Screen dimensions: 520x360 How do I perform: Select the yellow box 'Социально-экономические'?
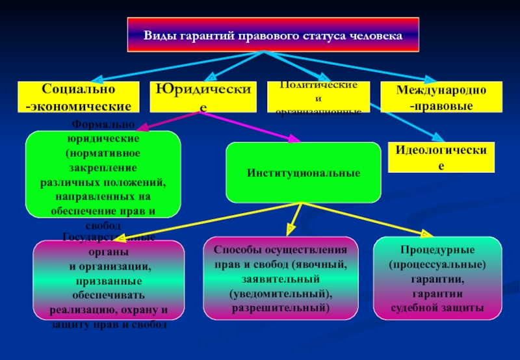(x=78, y=96)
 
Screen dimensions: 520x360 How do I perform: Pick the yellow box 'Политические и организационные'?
(x=318, y=96)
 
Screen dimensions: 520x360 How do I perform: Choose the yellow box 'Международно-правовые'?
(x=441, y=96)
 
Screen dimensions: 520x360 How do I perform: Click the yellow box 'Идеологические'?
(x=441, y=157)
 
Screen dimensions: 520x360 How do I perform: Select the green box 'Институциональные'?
(x=303, y=173)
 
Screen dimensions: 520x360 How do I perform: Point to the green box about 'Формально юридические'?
(x=103, y=174)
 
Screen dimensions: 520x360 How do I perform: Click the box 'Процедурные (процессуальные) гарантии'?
(x=437, y=278)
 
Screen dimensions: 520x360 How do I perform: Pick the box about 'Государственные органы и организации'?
(x=109, y=279)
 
